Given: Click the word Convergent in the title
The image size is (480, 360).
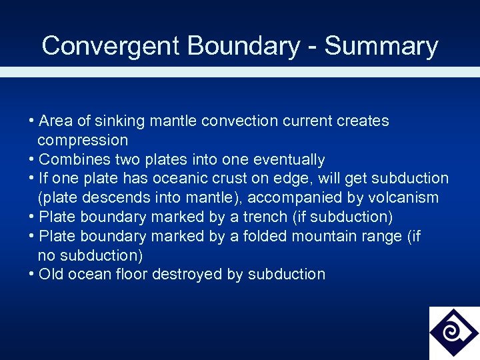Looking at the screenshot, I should pyautogui.click(x=111, y=46).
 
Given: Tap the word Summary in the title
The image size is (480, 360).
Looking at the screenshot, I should pyautogui.click(x=381, y=46).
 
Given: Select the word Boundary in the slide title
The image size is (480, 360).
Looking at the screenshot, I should pyautogui.click(x=244, y=46).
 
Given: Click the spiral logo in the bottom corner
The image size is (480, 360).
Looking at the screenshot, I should pyautogui.click(x=453, y=332).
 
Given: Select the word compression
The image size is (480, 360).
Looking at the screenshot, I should pyautogui.click(x=83, y=140).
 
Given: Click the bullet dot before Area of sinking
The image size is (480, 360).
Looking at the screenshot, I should pyautogui.click(x=32, y=121).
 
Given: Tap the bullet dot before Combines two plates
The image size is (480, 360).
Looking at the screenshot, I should pyautogui.click(x=32, y=159).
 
